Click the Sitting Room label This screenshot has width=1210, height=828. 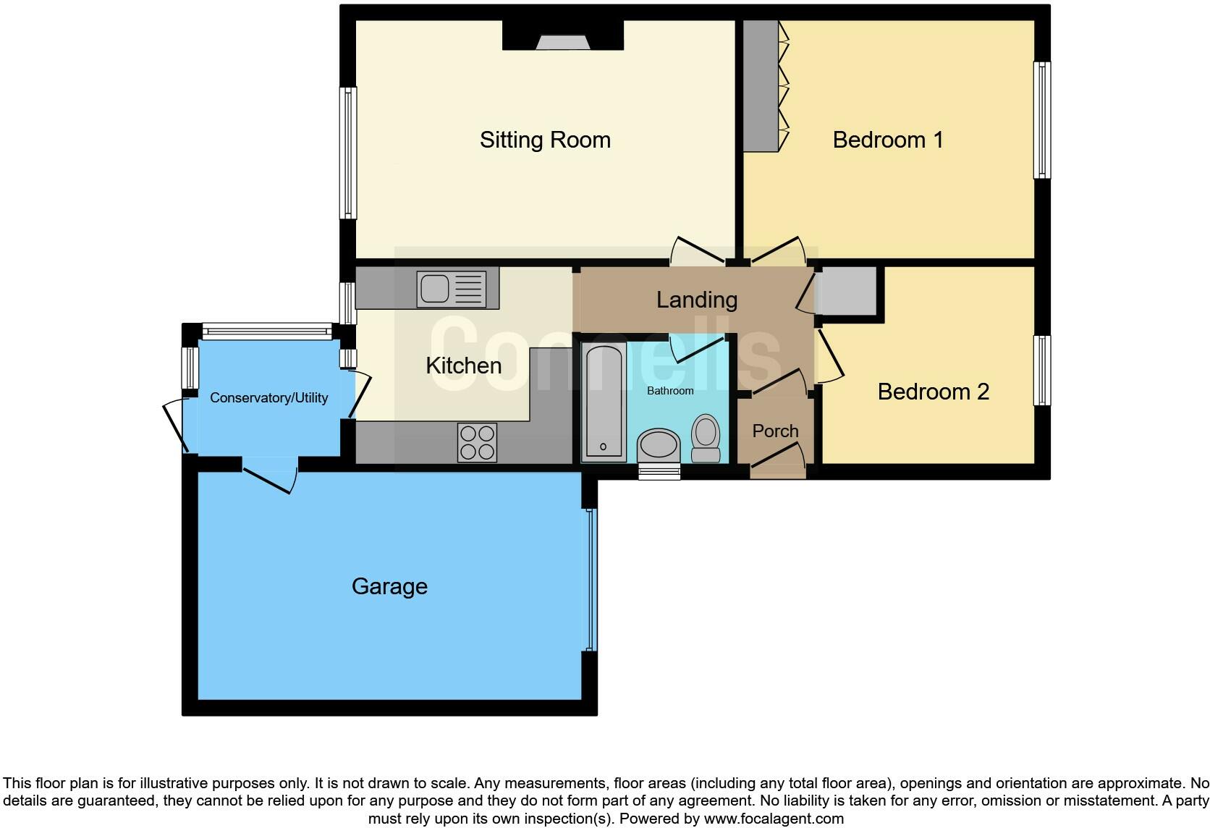545,140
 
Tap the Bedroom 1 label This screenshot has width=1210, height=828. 888,140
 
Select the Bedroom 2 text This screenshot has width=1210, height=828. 933,392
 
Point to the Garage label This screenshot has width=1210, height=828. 389,586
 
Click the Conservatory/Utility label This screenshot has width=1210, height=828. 268,397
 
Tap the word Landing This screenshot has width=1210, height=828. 696,300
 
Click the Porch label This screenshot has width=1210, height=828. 775,431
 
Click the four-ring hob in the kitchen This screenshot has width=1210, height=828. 478,442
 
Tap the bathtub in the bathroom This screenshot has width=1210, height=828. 603,402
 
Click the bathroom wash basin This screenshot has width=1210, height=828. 659,444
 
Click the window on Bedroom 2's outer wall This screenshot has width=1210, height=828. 1041,370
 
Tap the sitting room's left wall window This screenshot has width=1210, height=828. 348,153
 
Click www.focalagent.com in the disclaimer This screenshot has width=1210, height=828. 773,819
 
